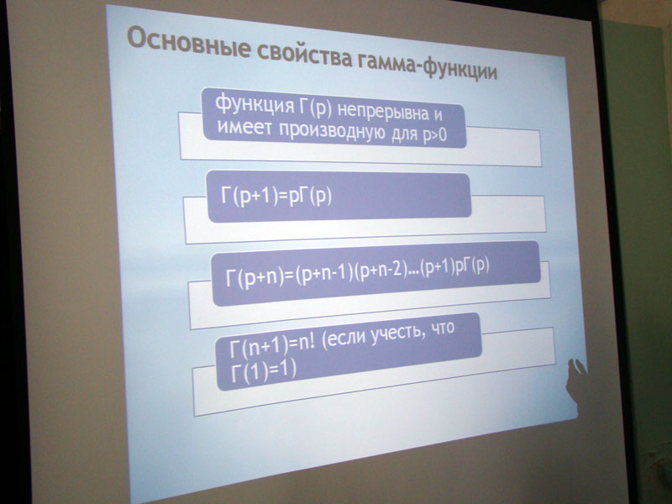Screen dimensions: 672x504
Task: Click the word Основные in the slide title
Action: pyautogui.click(x=189, y=43)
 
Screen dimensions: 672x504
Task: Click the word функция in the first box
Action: pyautogui.click(x=255, y=103)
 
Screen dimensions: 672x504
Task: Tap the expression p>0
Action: pyautogui.click(x=434, y=135)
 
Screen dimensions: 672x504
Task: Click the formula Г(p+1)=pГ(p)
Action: pyautogui.click(x=276, y=197)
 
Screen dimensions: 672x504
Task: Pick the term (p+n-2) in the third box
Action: pyautogui.click(x=381, y=272)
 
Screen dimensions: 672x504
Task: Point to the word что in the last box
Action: pyautogui.click(x=443, y=328)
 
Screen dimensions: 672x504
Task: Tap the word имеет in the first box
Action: pyautogui.click(x=244, y=127)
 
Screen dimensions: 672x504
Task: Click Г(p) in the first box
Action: pyautogui.click(x=316, y=108)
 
